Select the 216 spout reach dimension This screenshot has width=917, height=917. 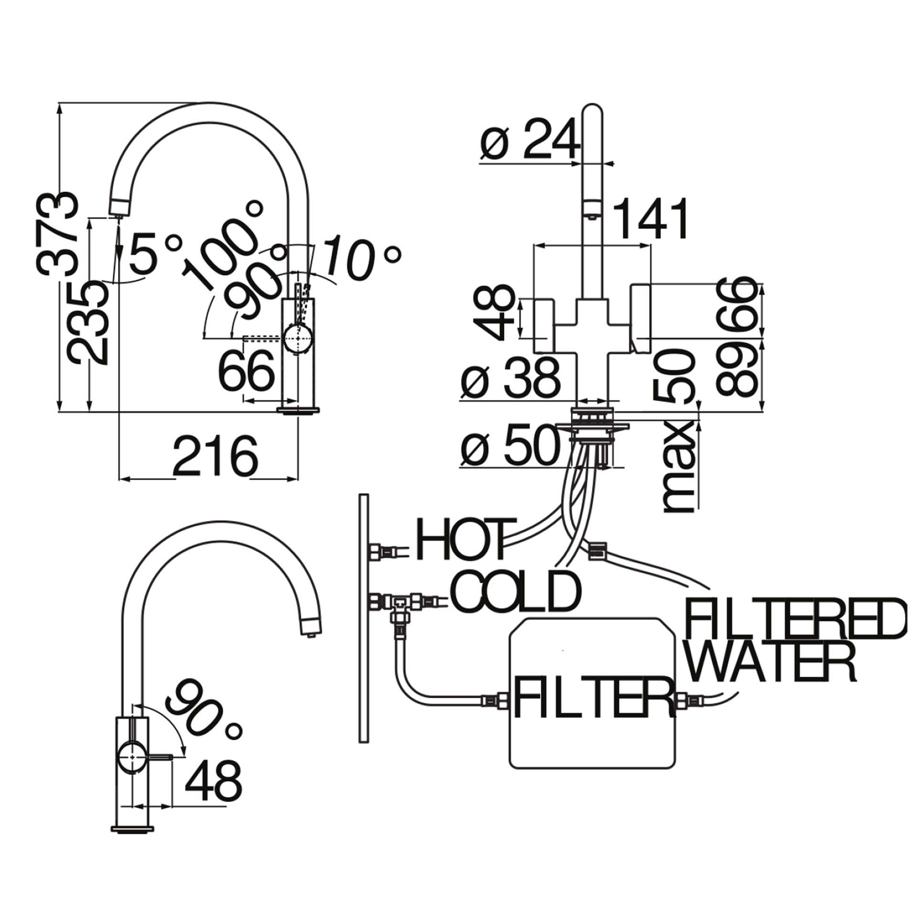tap(215, 455)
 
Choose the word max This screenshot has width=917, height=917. tap(678, 467)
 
